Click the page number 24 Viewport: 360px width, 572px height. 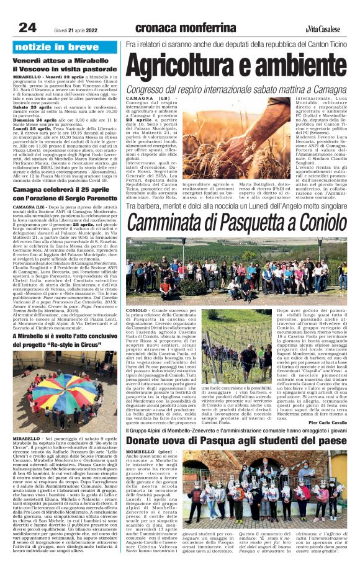[27, 27]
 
